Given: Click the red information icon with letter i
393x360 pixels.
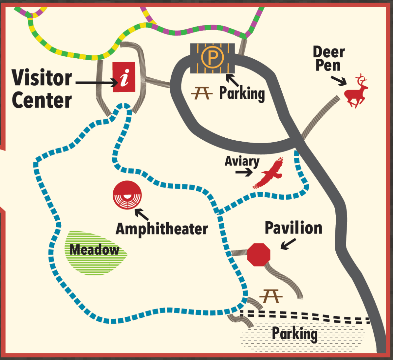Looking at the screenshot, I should [x=124, y=77].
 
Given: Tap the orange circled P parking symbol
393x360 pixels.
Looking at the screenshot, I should [x=213, y=57].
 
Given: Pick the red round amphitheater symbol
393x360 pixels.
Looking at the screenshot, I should [x=127, y=195].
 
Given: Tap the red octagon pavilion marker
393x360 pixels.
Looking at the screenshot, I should [x=259, y=254].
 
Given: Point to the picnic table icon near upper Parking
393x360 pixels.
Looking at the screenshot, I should [x=201, y=93].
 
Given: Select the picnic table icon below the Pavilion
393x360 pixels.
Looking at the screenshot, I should [x=271, y=296].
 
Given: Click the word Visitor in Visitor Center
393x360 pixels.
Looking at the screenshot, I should [x=42, y=78].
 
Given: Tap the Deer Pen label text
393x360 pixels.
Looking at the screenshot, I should [x=328, y=59].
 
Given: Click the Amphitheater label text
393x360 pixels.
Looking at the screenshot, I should [x=162, y=229].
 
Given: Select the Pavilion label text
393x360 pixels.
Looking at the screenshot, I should [x=293, y=228].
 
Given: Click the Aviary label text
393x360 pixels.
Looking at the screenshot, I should [x=242, y=161].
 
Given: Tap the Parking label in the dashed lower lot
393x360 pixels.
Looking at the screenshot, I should [x=294, y=334].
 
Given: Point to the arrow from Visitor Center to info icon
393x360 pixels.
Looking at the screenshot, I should [x=98, y=82].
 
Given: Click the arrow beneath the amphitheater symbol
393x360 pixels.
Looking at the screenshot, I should [x=142, y=214].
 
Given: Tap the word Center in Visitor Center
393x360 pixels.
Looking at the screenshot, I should [x=42, y=100].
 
